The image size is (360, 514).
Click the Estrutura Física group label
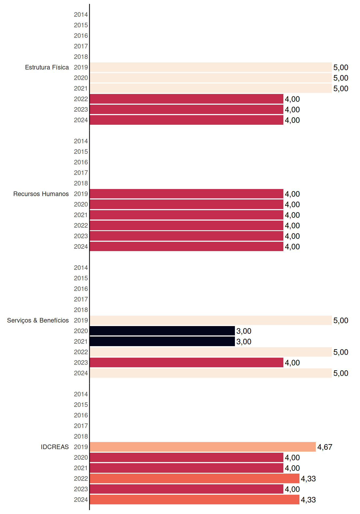coord(47,67)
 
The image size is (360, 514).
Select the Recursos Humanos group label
coord(41,194)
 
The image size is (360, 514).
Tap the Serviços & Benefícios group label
coord(38,320)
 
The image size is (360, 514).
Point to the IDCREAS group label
coord(55,447)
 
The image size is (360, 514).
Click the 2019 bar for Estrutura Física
coord(211,67)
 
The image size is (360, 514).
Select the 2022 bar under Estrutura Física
coord(187,99)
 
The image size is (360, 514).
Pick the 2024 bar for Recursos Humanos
coord(187,247)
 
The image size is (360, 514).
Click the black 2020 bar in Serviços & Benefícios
coord(162,331)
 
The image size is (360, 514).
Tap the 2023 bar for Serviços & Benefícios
coord(187,362)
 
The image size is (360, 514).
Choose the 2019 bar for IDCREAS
coord(203,447)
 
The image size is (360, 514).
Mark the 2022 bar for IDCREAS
coord(195,478)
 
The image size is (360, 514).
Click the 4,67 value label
coord(325,447)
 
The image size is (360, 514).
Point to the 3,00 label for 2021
coord(244,342)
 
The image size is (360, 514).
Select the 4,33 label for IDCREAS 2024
coord(308,500)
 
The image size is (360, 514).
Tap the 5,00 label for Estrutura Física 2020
coord(341,78)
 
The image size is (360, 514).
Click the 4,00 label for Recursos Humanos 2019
coord(292,194)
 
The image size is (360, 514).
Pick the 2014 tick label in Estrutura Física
coord(81,14)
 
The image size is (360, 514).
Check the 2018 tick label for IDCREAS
coord(81,436)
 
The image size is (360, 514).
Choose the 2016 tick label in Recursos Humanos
coord(81,162)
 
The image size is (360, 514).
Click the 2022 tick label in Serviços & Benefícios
coord(81,352)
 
